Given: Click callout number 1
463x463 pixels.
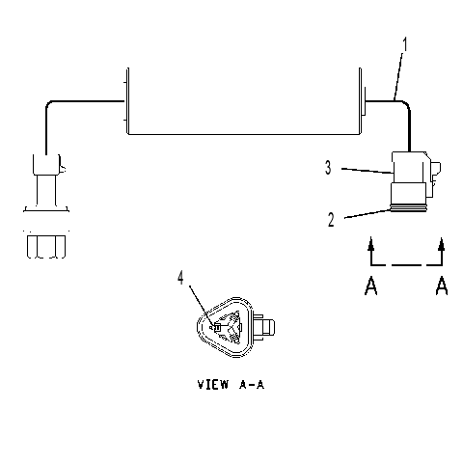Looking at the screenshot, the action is [405, 44].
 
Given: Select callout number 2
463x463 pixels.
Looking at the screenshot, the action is [331, 220].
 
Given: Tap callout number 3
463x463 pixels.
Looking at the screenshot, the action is [328, 168].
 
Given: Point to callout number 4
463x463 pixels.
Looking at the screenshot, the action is [180, 278].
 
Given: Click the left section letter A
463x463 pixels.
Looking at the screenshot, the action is [370, 286].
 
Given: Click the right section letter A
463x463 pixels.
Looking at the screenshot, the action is [442, 286].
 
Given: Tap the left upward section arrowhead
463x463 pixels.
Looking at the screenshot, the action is [371, 243].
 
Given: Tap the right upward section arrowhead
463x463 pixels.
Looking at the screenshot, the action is [442, 243].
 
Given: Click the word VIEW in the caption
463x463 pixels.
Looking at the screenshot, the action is [213, 384].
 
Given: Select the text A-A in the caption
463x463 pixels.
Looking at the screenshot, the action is [252, 384].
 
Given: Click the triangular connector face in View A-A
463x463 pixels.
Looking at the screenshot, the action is [225, 327].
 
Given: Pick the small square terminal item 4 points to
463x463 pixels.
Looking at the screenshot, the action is [217, 328].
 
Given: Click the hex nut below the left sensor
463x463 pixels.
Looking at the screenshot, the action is [46, 247].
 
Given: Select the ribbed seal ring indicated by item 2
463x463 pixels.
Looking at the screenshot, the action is [408, 209].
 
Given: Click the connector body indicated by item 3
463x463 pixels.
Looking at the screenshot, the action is [409, 167].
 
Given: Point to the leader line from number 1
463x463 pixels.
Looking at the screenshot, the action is [398, 75].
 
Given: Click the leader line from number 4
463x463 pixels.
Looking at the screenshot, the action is [201, 306].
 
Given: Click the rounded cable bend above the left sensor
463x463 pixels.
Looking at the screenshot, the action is [49, 105].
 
